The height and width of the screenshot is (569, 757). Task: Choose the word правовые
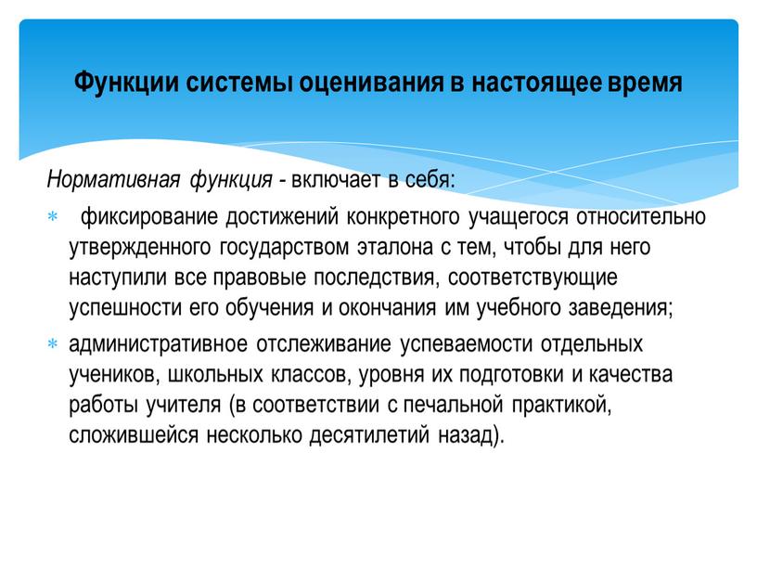251,279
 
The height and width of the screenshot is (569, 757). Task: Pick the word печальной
455,407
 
